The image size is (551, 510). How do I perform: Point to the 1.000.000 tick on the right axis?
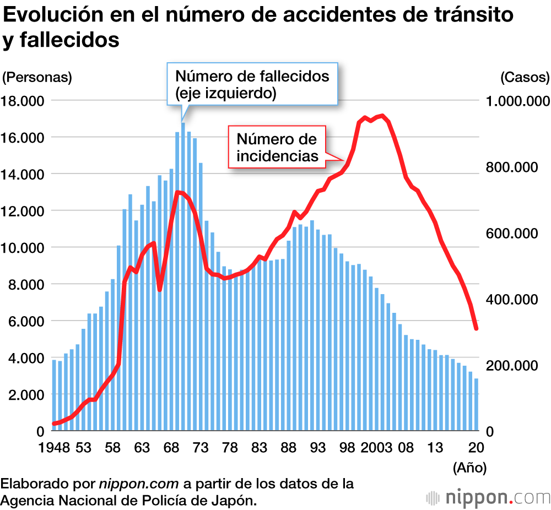click(x=517, y=101)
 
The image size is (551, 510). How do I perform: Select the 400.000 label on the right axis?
click(x=517, y=300)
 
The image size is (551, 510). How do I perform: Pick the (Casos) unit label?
click(x=525, y=77)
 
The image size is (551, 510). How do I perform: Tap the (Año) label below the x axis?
click(x=469, y=468)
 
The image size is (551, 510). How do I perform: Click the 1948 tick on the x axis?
click(x=53, y=447)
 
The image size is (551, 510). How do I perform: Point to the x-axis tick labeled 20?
click(x=477, y=447)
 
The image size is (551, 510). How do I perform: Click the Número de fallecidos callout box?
click(x=252, y=84)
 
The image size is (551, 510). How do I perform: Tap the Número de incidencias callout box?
click(x=277, y=147)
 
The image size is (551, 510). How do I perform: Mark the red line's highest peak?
click(x=382, y=116)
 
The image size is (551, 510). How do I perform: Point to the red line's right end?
click(x=476, y=329)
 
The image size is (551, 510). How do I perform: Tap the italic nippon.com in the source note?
click(x=139, y=484)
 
